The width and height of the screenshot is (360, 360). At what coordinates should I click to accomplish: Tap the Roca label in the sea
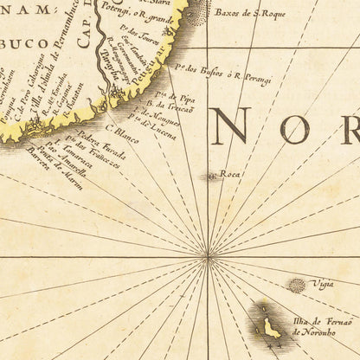point(230,174)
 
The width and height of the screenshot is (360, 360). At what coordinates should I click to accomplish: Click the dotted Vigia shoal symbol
point(297,285)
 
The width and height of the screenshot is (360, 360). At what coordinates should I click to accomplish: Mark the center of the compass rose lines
point(208,256)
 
